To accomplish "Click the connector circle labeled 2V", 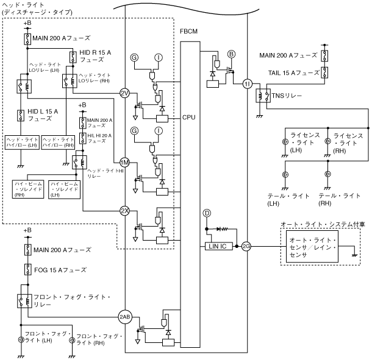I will coord(124,93).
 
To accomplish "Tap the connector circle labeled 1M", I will coord(124,163).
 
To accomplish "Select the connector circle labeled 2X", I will coord(124,211).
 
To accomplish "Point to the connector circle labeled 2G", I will coord(247,247).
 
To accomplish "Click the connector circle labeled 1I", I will coord(247,83).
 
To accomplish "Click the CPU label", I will coord(188,116).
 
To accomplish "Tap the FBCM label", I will coord(189,30).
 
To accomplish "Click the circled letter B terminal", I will coord(231,55).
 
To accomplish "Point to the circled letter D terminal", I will coord(207,214).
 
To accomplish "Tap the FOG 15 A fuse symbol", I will coord(27,269).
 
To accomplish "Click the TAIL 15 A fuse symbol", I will coord(326,73).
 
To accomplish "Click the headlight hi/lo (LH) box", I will coord(22,141).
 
